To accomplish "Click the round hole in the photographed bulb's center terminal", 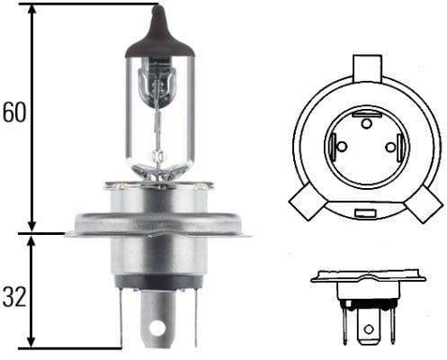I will click(160, 321).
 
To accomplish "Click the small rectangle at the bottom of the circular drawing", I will click(365, 213).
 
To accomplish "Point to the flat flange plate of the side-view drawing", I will click(367, 277).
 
